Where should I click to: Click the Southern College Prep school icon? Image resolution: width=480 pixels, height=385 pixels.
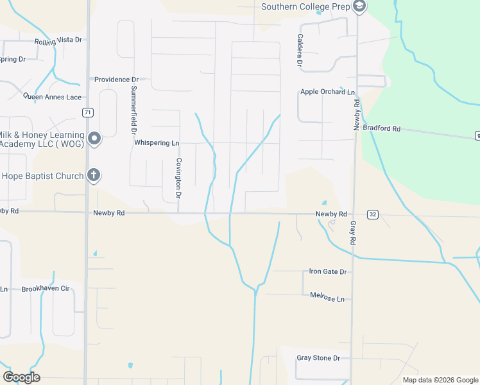[x=359, y=7]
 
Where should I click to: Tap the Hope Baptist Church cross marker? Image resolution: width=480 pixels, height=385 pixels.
[x=94, y=175]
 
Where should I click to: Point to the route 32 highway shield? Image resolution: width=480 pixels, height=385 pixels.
[x=372, y=214]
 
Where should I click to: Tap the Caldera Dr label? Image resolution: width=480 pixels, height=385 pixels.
[x=299, y=51]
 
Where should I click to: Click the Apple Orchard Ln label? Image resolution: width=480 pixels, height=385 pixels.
[x=327, y=92]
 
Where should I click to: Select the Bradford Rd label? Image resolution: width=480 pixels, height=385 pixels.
[x=381, y=128]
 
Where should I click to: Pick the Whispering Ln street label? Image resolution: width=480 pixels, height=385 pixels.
[x=156, y=143]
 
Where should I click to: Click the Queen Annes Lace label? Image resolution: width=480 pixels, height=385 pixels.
[x=53, y=97]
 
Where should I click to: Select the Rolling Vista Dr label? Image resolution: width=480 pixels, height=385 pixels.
[x=59, y=40]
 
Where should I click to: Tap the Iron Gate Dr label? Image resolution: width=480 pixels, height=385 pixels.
[x=327, y=271]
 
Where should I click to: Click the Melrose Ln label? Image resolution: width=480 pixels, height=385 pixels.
[x=327, y=299]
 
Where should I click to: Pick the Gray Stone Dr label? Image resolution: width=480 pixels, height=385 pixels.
[x=318, y=358]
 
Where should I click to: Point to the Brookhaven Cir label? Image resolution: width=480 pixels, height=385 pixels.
[x=45, y=289]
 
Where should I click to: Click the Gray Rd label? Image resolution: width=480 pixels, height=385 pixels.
[x=352, y=232]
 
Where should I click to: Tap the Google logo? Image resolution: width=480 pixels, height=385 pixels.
[x=21, y=377]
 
